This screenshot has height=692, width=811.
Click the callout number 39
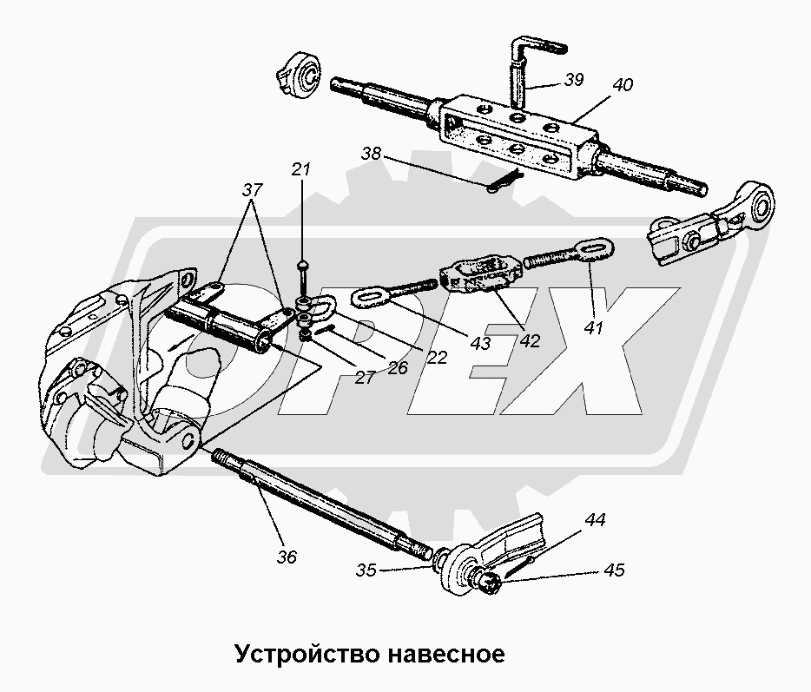click(x=572, y=79)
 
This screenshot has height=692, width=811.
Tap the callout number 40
click(x=622, y=86)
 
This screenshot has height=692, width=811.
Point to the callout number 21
click(x=301, y=169)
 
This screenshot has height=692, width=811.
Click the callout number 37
click(x=252, y=189)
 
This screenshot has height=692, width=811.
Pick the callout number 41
click(x=593, y=329)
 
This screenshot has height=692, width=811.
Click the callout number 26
click(x=396, y=367)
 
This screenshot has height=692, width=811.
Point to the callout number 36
click(x=286, y=557)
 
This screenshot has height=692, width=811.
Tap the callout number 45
click(x=613, y=570)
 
